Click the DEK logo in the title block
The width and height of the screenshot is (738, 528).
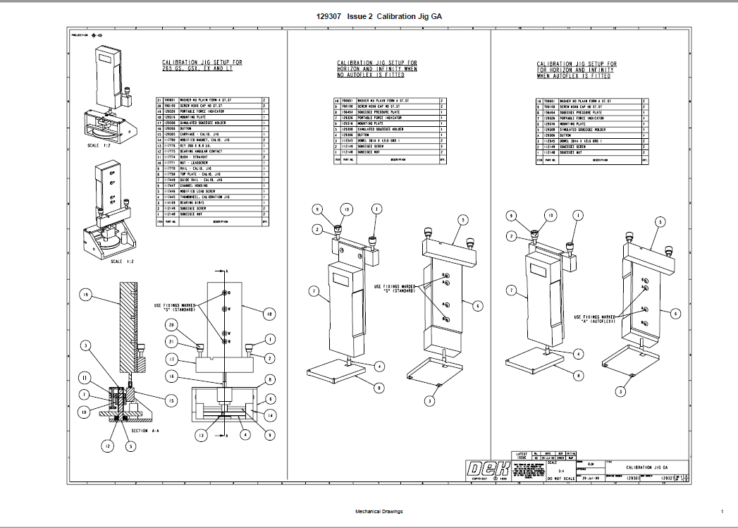tap(488, 469)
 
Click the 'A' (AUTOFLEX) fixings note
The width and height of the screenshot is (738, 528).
tap(595, 319)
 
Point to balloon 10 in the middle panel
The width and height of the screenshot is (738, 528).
tap(346, 209)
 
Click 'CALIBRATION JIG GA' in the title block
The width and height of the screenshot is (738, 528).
tap(646, 467)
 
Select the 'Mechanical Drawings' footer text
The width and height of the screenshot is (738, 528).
tap(379, 511)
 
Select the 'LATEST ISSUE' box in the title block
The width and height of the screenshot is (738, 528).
tap(522, 456)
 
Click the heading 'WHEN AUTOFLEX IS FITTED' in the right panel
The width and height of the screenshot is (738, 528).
tap(577, 76)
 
